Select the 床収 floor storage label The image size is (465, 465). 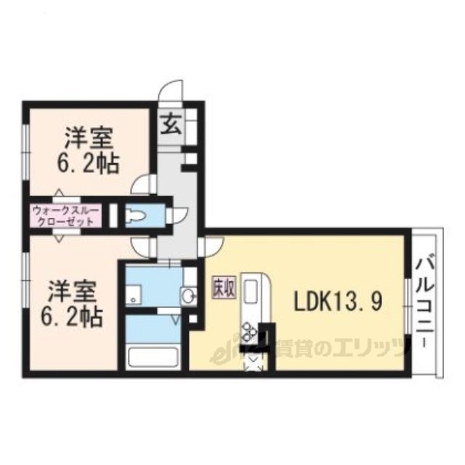click(224, 288)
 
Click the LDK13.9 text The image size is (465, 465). click(337, 301)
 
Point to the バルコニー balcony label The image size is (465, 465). click(425, 302)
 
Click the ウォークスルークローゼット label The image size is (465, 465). click(65, 216)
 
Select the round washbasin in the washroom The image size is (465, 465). click(188, 296)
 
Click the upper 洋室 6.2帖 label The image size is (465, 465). click(88, 150)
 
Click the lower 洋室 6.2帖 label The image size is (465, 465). click(72, 303)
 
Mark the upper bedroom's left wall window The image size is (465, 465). click(26, 152)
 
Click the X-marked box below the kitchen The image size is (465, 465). click(253, 362)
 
